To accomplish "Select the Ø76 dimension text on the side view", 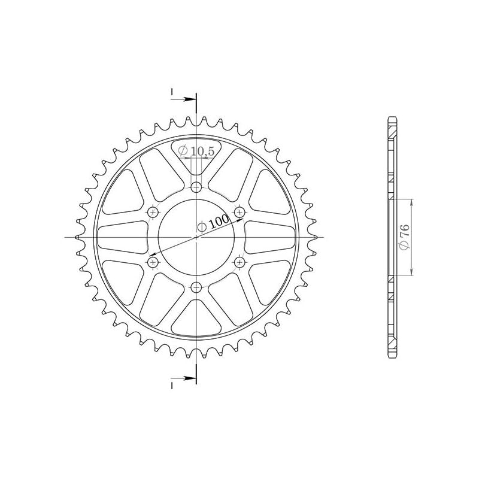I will coord(405,237).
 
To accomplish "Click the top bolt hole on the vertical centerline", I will coord(196,188).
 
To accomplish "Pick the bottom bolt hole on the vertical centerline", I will coord(196,287).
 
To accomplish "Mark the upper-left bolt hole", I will coord(153,212).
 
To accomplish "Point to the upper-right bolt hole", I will coord(239,212).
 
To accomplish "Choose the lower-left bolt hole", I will coord(153,262).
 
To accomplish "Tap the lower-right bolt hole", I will coord(239,262).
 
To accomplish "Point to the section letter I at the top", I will coord(172,92).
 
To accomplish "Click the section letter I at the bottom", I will coord(172,384).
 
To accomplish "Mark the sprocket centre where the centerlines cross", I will coord(196,238).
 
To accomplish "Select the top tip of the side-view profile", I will coord(392,118).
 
